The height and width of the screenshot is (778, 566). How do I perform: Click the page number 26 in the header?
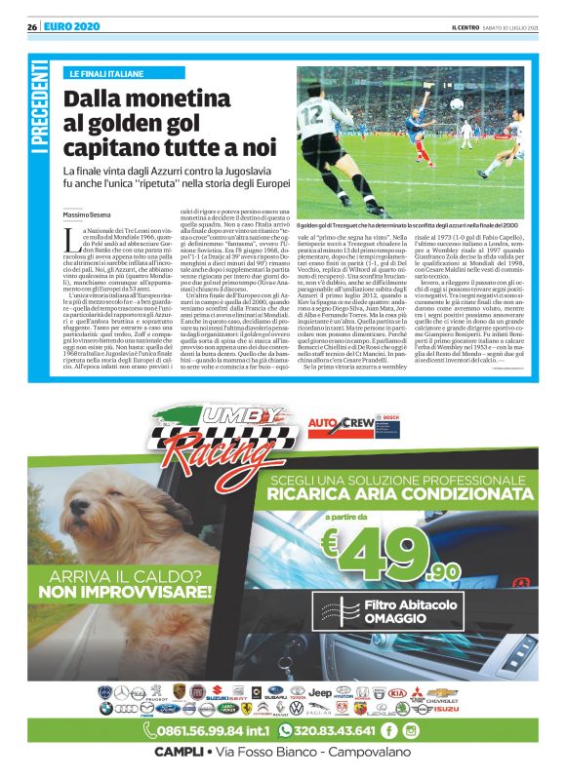click(x=31, y=26)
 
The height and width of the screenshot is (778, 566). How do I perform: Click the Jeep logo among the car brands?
click(x=320, y=691)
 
